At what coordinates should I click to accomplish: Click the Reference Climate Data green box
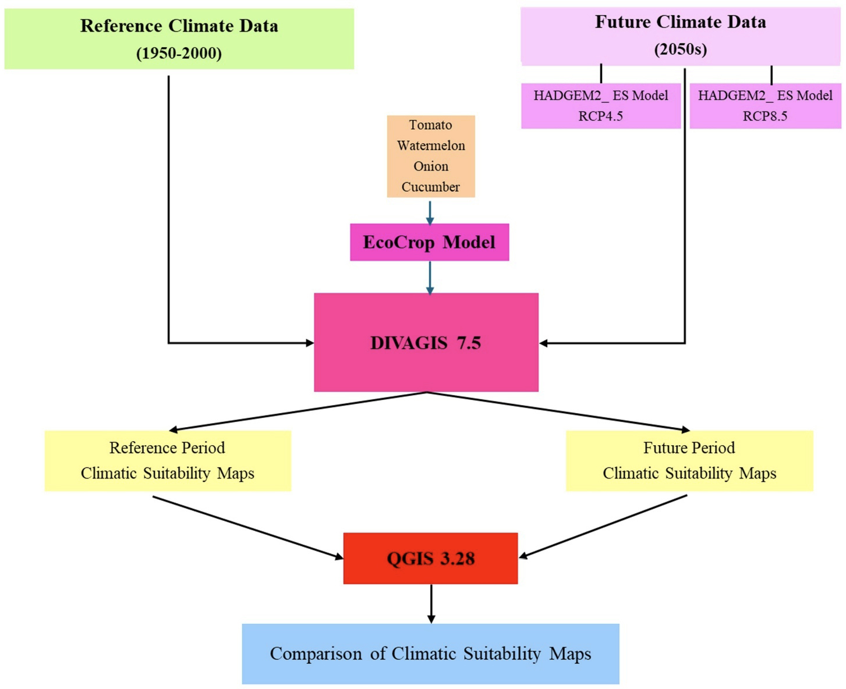click(179, 38)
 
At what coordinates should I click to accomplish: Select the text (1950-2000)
click(179, 54)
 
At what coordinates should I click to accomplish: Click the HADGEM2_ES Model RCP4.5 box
click(600, 105)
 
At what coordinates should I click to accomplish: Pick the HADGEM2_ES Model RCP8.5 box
click(765, 105)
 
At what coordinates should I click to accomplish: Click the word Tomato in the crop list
click(430, 125)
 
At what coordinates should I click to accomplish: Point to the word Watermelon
click(431, 145)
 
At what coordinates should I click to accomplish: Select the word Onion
click(431, 166)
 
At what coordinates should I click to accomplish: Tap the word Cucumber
click(430, 187)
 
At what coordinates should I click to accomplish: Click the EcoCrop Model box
click(429, 242)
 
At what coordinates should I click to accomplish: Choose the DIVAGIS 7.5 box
click(426, 342)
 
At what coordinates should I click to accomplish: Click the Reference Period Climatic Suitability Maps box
click(168, 460)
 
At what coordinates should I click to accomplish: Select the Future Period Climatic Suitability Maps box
click(689, 460)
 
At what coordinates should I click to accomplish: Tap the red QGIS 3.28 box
click(430, 558)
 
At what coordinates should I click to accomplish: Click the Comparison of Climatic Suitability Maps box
click(430, 654)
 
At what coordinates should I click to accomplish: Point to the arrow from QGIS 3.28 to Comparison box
click(431, 603)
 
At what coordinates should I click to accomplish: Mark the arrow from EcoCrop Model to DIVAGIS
click(430, 277)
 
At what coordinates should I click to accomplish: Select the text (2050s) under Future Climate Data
click(680, 49)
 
